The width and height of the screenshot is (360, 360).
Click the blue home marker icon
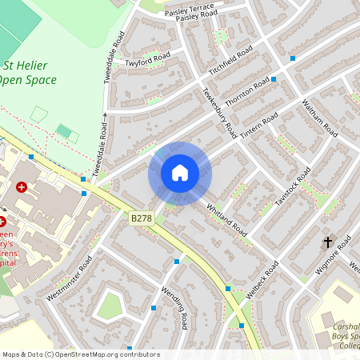179,173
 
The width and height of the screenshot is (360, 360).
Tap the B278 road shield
141,218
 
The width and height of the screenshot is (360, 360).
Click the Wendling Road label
174,307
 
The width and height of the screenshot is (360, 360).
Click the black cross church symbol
327,241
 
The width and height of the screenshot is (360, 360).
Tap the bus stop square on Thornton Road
274,79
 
